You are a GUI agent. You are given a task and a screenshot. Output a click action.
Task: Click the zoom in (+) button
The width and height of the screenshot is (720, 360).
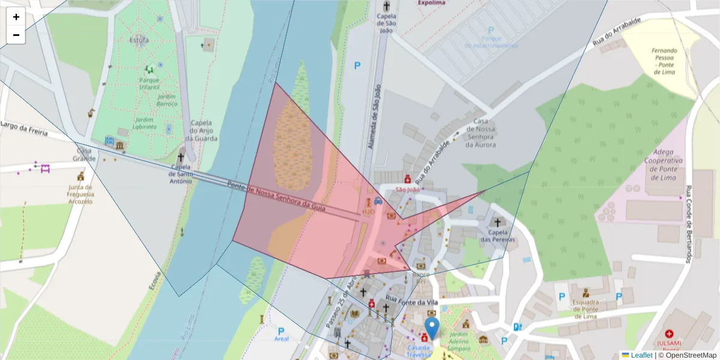[16, 17]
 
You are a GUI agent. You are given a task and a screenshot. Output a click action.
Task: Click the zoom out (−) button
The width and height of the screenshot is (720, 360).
[16, 35]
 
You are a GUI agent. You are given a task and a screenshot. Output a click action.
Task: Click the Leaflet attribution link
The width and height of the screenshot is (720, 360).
[641, 355]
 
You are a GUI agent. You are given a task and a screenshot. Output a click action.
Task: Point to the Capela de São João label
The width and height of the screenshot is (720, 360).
[386, 20]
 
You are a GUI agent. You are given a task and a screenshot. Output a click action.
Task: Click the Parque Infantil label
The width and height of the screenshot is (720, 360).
[149, 84]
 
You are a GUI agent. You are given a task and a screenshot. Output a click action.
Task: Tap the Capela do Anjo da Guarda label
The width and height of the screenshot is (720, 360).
[203, 130]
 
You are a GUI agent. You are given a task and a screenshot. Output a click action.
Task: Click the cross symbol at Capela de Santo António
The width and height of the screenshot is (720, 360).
[180, 157]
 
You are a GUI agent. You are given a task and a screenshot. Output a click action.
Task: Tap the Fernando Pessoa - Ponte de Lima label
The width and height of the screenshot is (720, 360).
[664, 61]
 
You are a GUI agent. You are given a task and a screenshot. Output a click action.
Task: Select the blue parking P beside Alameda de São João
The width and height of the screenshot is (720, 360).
[358, 66]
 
